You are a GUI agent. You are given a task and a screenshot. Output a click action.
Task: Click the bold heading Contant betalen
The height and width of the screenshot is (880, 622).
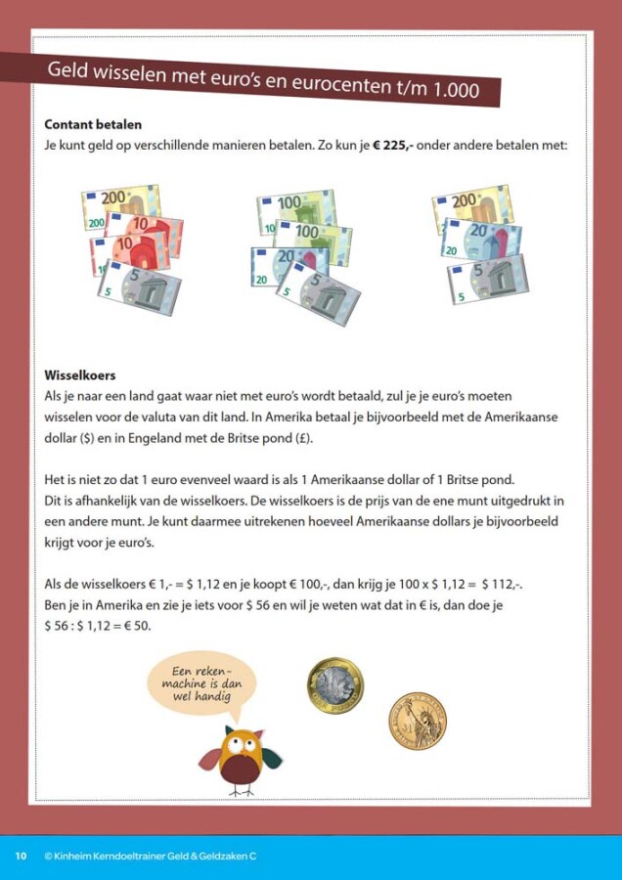[x=93, y=124]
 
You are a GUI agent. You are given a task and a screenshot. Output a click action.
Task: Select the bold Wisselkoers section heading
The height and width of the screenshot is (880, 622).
[x=80, y=374]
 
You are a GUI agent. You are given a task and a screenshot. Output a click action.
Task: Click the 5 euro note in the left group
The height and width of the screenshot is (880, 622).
[x=140, y=286]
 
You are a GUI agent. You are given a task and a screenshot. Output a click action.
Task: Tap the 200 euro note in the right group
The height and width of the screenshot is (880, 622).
[x=472, y=206]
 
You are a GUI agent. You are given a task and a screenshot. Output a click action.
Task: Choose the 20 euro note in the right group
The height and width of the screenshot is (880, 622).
[x=481, y=238]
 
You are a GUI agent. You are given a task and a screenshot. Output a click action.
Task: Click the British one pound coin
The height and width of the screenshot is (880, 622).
[x=335, y=685]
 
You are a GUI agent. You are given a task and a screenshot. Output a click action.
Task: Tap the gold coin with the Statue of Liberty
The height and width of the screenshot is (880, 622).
[x=418, y=721]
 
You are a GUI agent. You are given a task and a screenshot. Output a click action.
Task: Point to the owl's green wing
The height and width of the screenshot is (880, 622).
[x=272, y=758]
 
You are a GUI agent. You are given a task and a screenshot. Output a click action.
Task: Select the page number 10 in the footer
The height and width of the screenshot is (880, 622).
[x=21, y=856]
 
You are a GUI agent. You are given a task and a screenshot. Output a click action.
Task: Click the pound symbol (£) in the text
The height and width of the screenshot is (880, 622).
[x=301, y=438]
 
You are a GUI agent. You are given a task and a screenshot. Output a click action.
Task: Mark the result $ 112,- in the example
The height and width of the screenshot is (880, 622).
[x=502, y=585]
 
